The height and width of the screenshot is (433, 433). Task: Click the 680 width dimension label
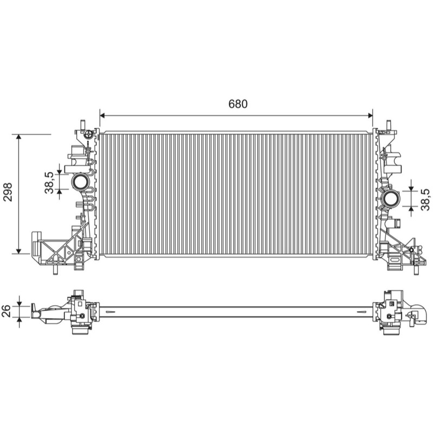238,104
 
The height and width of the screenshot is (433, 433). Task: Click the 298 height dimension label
8,192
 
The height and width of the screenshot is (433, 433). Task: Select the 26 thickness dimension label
6,311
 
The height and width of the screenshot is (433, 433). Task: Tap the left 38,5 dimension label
49,182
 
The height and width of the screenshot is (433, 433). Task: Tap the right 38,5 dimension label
425,200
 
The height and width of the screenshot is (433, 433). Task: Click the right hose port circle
391,199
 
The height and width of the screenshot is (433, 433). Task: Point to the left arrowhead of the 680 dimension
102,115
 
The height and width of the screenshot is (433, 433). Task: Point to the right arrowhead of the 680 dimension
370,115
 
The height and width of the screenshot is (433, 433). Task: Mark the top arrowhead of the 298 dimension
18,137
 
